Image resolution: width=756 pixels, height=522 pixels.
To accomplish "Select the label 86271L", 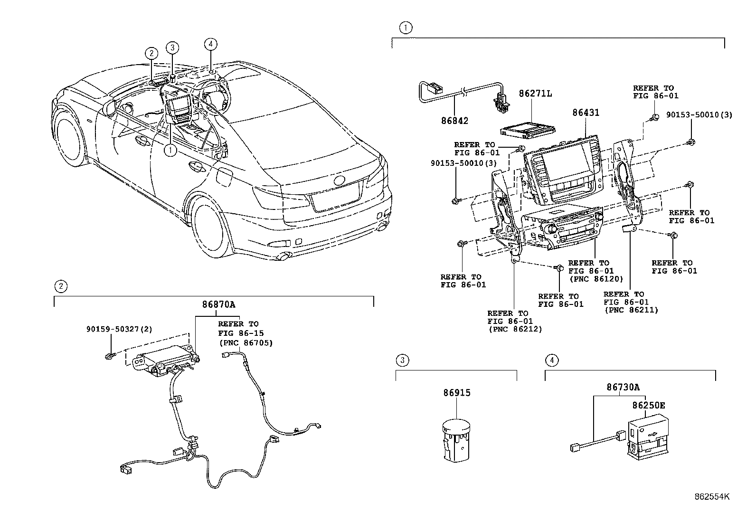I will pyautogui.click(x=535, y=94).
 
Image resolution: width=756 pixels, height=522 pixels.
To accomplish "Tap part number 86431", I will pyautogui.click(x=586, y=113).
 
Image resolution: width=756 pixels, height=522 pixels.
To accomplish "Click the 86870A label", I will pyautogui.click(x=218, y=305).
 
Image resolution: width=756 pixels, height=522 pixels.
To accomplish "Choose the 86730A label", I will pyautogui.click(x=622, y=388).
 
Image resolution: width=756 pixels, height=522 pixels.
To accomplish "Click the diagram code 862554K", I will pyautogui.click(x=711, y=497).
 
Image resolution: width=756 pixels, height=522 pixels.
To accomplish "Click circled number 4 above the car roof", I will pyautogui.click(x=211, y=44).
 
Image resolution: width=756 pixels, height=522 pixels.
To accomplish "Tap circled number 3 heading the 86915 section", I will pyautogui.click(x=402, y=361).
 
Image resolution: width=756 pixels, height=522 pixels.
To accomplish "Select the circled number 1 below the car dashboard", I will pyautogui.click(x=170, y=150).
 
